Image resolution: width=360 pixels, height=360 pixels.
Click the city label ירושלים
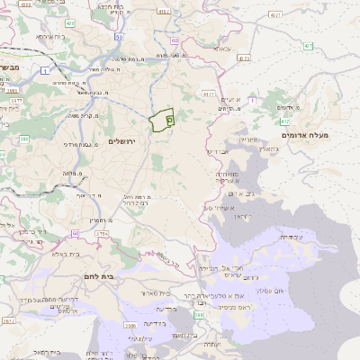126,141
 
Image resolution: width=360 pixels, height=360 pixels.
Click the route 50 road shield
118,39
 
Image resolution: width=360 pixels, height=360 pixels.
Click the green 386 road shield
24,139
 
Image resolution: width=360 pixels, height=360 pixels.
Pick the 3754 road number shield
102,234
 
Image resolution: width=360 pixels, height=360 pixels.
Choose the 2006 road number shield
131,324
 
